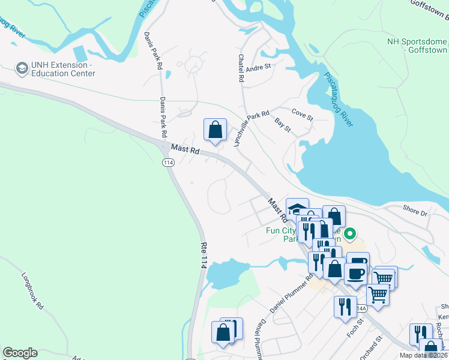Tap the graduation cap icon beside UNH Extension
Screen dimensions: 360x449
[x=22, y=68]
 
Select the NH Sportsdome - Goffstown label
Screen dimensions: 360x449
[x=417, y=46]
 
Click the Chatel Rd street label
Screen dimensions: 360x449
[x=241, y=68]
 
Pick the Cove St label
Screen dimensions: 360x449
[x=302, y=114]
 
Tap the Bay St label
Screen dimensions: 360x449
[x=282, y=125]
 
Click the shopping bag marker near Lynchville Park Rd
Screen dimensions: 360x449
[x=215, y=130]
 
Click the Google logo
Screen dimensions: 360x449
[x=20, y=353]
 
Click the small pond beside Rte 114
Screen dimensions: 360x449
[x=226, y=273]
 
